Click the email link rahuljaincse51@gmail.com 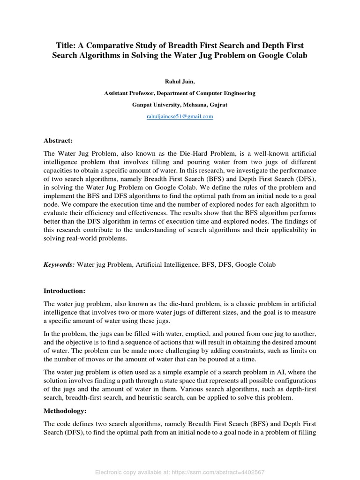180,117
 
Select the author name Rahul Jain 180,81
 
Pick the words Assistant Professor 130,93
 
